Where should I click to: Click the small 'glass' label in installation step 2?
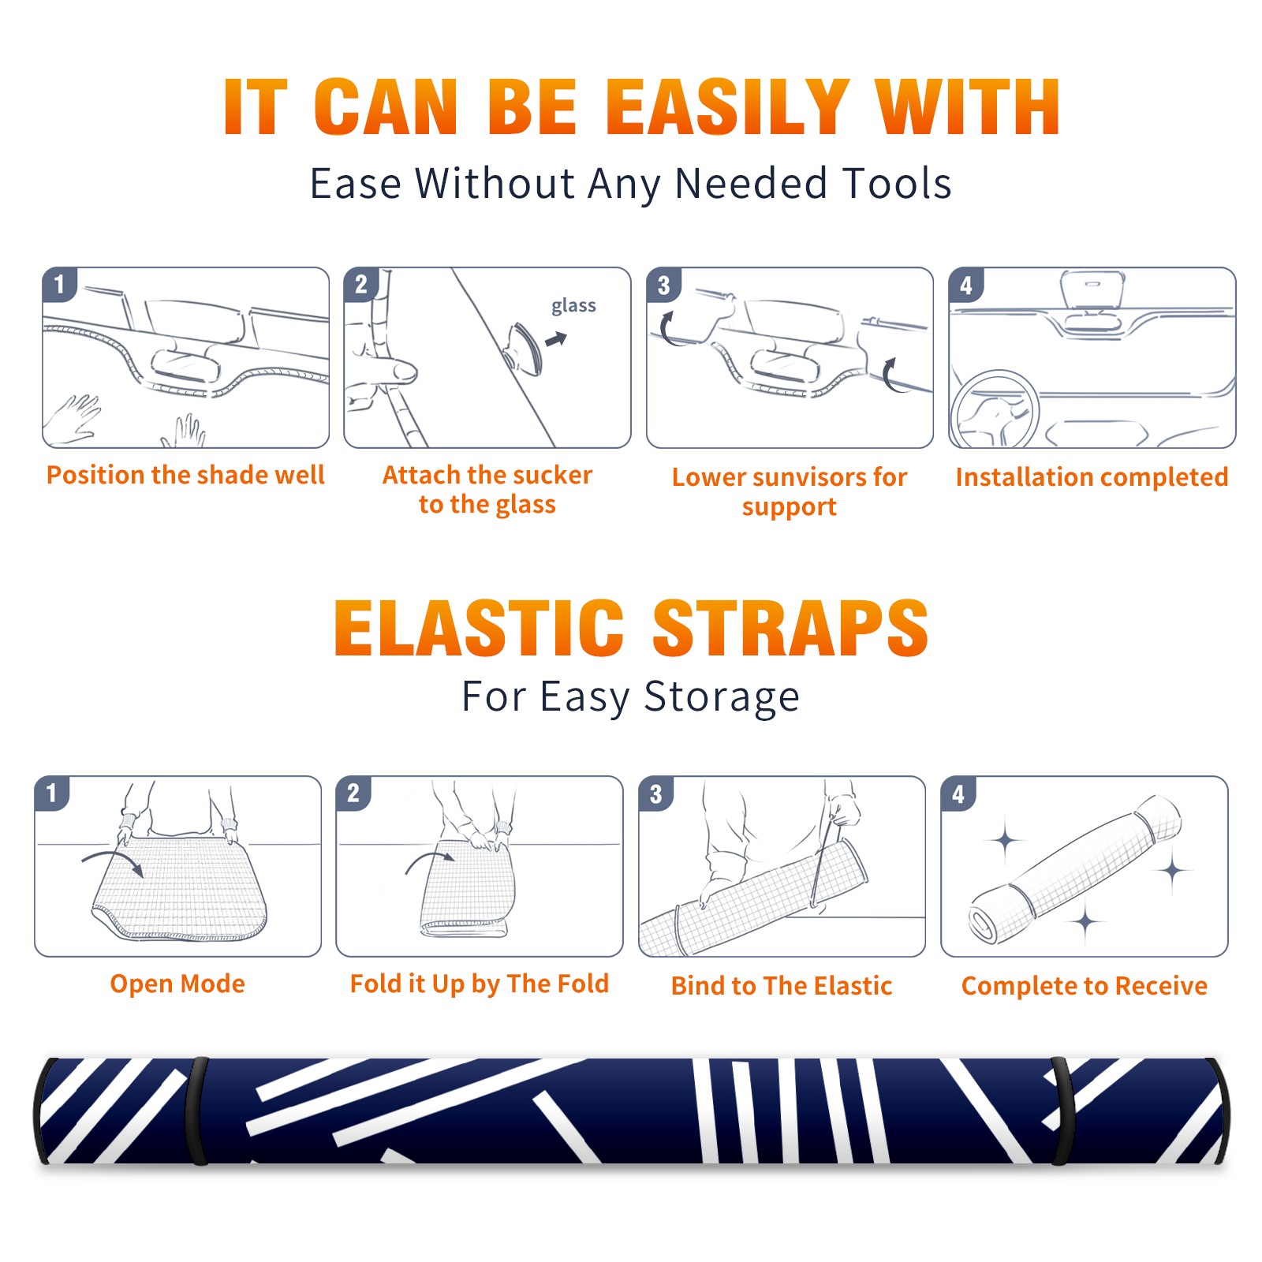click(573, 306)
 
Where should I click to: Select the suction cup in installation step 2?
click(524, 349)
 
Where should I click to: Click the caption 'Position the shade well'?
click(185, 475)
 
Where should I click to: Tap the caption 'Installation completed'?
click(1092, 477)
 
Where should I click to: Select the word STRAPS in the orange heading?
click(790, 628)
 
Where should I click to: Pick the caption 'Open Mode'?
click(177, 984)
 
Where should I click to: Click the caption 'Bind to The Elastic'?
click(782, 986)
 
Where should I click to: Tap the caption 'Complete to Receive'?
click(1085, 986)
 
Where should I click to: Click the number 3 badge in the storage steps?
click(655, 793)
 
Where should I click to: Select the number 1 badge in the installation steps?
click(60, 284)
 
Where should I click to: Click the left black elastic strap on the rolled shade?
click(197, 1111)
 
